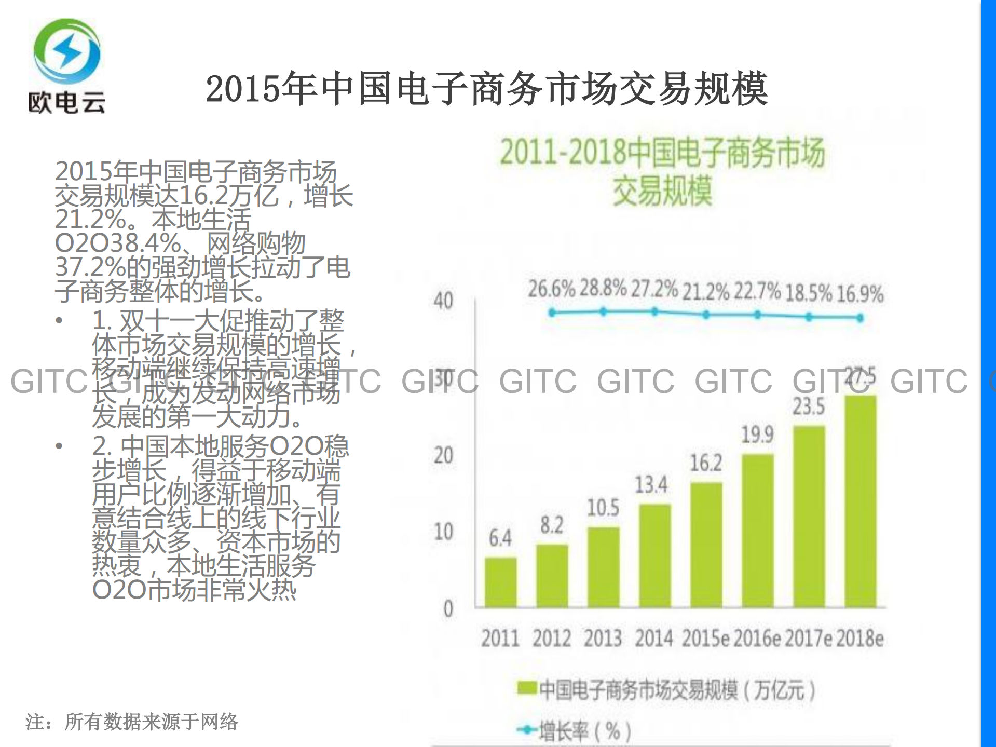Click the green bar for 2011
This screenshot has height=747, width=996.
(x=500, y=582)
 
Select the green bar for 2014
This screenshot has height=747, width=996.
(x=654, y=555)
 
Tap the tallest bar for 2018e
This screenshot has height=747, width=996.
(x=860, y=501)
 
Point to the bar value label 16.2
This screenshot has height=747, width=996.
(x=706, y=463)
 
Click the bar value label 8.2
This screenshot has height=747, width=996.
(x=551, y=525)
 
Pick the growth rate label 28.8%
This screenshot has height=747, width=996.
(x=603, y=288)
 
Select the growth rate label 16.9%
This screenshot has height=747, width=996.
(x=860, y=294)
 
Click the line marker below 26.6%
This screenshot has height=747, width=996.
(x=552, y=313)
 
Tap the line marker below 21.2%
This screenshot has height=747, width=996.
(x=706, y=315)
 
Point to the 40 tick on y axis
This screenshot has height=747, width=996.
(x=443, y=301)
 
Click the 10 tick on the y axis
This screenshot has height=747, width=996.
(x=443, y=532)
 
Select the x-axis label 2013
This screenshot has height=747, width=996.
(x=603, y=639)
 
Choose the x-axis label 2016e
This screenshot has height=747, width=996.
(x=757, y=639)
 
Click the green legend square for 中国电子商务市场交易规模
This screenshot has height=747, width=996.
(x=526, y=688)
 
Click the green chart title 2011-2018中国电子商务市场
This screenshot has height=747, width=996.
(x=662, y=153)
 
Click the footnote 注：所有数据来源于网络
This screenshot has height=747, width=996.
(x=132, y=722)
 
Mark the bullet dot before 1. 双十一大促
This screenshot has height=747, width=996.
(x=59, y=320)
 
